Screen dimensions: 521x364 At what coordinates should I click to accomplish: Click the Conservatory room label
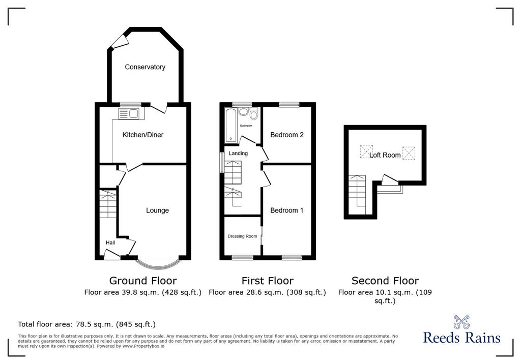tap(145, 67)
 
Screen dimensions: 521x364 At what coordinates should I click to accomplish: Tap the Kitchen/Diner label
tap(143, 135)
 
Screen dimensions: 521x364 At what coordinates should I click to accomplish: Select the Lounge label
tap(158, 210)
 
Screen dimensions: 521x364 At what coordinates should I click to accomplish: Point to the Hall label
tap(110, 243)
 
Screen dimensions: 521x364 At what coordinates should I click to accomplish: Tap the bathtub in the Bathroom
tap(230, 125)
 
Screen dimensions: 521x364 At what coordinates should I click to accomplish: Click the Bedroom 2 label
tap(287, 135)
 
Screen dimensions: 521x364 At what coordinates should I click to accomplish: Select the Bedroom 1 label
tap(287, 210)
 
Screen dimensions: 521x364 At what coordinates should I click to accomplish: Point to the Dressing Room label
tap(242, 236)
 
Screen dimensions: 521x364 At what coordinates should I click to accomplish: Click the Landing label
tap(238, 154)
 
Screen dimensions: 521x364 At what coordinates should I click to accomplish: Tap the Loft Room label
tap(385, 155)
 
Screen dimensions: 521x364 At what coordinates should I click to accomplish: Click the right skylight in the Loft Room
tap(409, 153)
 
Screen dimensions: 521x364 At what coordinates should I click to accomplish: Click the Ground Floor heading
tap(143, 281)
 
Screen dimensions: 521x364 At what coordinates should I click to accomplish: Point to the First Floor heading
tap(268, 281)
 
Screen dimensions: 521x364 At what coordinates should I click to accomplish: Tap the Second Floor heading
tap(385, 281)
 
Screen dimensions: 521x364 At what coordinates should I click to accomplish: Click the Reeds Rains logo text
tap(462, 338)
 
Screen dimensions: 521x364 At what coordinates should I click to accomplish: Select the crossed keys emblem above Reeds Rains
tap(462, 322)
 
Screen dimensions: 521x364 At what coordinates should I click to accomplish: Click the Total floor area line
tap(86, 324)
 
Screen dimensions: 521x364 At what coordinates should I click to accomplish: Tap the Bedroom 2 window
tap(289, 105)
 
